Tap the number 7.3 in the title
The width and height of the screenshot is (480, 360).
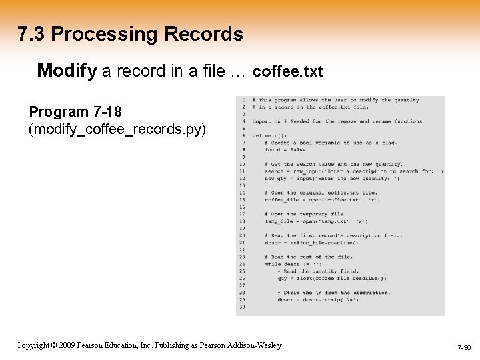click(x=31, y=34)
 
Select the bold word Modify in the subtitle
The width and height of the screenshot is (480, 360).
click(x=67, y=71)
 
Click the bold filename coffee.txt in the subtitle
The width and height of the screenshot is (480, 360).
click(x=288, y=71)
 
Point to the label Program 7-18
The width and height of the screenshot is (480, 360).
click(x=75, y=111)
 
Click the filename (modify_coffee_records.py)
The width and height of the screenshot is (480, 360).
click(x=117, y=128)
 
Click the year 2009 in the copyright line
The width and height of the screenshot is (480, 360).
click(x=65, y=345)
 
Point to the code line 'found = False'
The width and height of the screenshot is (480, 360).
click(x=288, y=149)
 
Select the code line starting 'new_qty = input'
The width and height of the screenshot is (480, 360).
click(x=332, y=178)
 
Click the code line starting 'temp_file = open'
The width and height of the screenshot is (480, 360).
click(x=315, y=221)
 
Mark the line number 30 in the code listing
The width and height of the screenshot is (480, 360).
click(x=241, y=307)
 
